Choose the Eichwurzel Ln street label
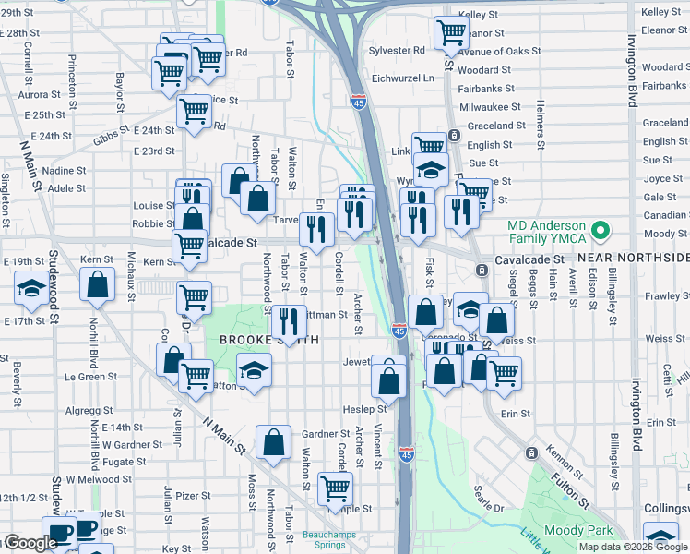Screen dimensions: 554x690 point(400,78)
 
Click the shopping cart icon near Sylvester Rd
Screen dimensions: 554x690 point(451,33)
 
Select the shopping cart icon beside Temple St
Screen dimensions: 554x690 point(335,488)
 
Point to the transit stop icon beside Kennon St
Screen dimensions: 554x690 point(531,452)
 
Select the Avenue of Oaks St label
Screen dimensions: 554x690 point(497,52)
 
